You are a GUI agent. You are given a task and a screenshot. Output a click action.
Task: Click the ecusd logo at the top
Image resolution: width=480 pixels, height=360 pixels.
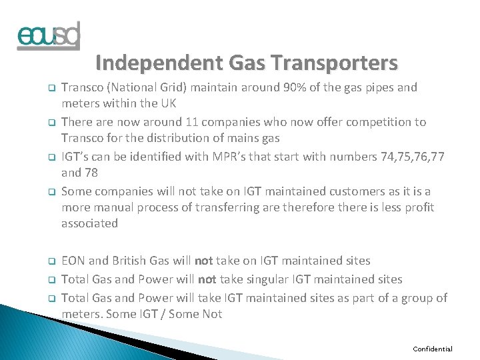[x=49, y=35]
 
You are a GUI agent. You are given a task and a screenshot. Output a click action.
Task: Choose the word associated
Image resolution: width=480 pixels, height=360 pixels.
[x=89, y=223]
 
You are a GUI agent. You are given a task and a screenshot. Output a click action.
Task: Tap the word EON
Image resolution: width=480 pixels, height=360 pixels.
[x=74, y=261]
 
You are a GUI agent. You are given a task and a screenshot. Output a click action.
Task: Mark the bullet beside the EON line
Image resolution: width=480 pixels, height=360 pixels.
[x=49, y=261]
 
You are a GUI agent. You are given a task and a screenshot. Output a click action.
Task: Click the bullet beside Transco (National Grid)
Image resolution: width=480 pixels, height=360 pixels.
[x=49, y=88]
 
